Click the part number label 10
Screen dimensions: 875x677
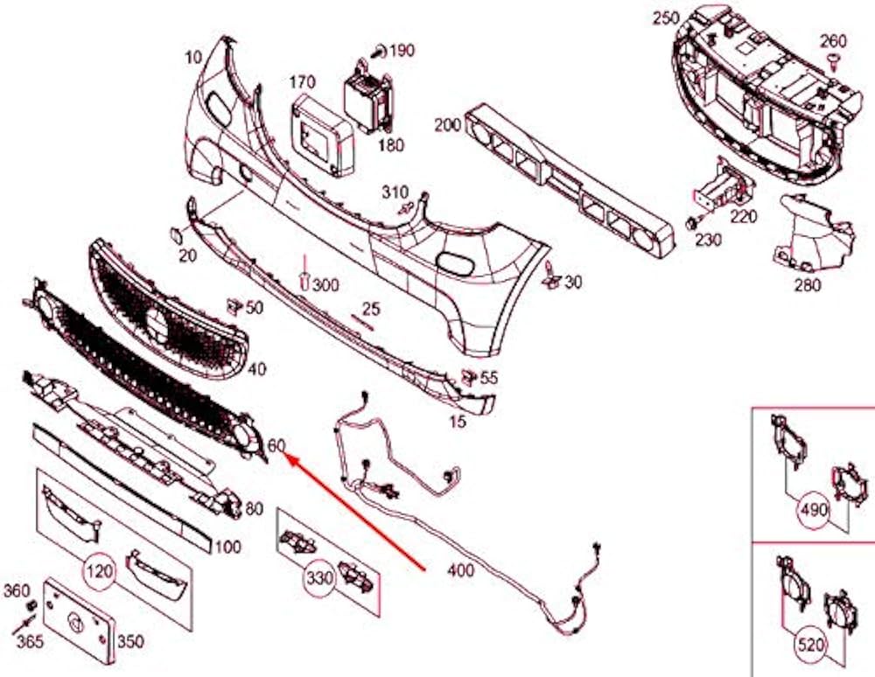[x=193, y=57]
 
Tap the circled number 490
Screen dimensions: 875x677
[x=813, y=508]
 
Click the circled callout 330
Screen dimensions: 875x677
[x=318, y=577]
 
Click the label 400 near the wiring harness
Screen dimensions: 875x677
[x=460, y=571]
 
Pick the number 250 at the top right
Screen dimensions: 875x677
[x=666, y=18]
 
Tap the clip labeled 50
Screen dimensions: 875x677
[x=234, y=305]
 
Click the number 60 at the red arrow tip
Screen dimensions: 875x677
[x=276, y=445]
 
